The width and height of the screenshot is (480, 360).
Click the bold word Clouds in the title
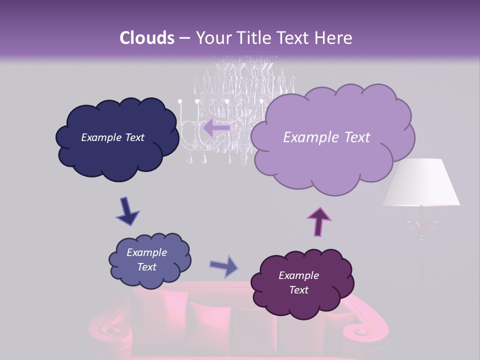click(147, 38)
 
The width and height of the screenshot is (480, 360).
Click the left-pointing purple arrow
click(216, 127)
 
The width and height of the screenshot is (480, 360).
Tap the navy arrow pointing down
click(127, 211)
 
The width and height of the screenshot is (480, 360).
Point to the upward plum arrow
click(319, 220)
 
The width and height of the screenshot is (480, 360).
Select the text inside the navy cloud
click(112, 137)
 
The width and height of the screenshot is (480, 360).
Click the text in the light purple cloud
click(326, 137)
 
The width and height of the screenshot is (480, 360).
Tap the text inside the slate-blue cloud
click(146, 259)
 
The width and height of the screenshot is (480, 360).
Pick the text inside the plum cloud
click(298, 282)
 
